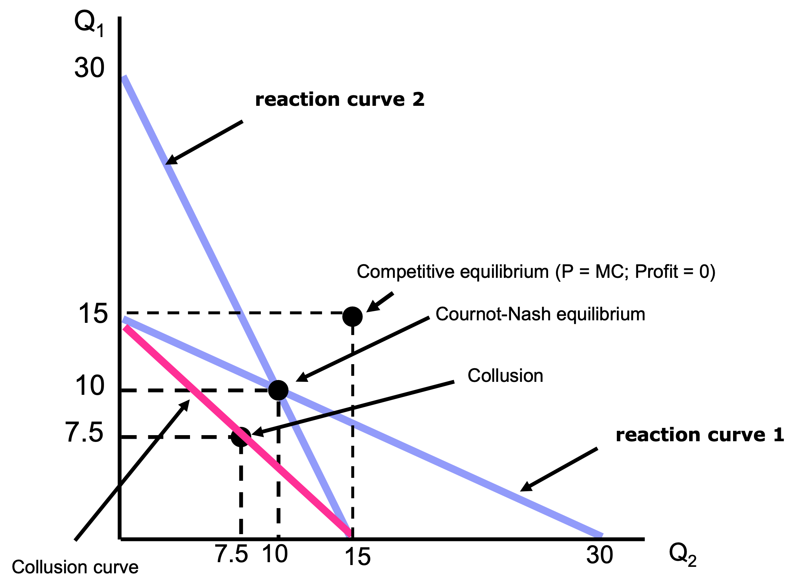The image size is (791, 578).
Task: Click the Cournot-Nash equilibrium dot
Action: click(x=278, y=390)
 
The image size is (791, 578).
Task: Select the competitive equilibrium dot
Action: click(x=352, y=316)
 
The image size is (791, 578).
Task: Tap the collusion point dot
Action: click(x=240, y=437)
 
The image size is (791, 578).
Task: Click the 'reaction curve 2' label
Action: click(x=340, y=99)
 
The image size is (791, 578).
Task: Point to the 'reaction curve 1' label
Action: click(x=700, y=435)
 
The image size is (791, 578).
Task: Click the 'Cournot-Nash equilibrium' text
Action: click(x=540, y=314)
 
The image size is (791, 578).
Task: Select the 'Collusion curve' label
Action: click(x=75, y=567)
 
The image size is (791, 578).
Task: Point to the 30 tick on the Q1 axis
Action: click(x=89, y=68)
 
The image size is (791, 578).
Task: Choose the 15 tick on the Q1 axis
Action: click(x=93, y=313)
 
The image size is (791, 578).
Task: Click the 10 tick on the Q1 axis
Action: click(x=90, y=386)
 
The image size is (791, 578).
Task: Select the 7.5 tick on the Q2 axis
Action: click(x=231, y=554)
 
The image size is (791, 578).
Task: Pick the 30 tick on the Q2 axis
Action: click(x=600, y=555)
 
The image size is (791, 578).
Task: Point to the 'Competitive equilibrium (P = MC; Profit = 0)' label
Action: click(x=536, y=272)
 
